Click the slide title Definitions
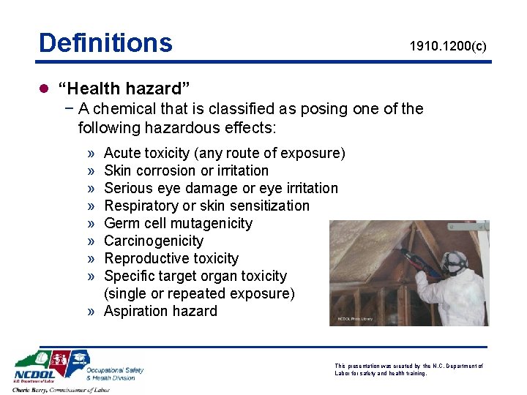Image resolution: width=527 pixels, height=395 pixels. coord(105,42)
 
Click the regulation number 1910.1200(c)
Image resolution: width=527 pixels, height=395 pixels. coord(448,47)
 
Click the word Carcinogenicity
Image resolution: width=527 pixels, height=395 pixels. coord(154,241)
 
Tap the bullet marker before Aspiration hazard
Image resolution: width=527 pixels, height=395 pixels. coord(91,312)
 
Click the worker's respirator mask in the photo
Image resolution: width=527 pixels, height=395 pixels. coord(455,262)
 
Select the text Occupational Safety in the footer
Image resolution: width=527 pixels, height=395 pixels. coord(115,370)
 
